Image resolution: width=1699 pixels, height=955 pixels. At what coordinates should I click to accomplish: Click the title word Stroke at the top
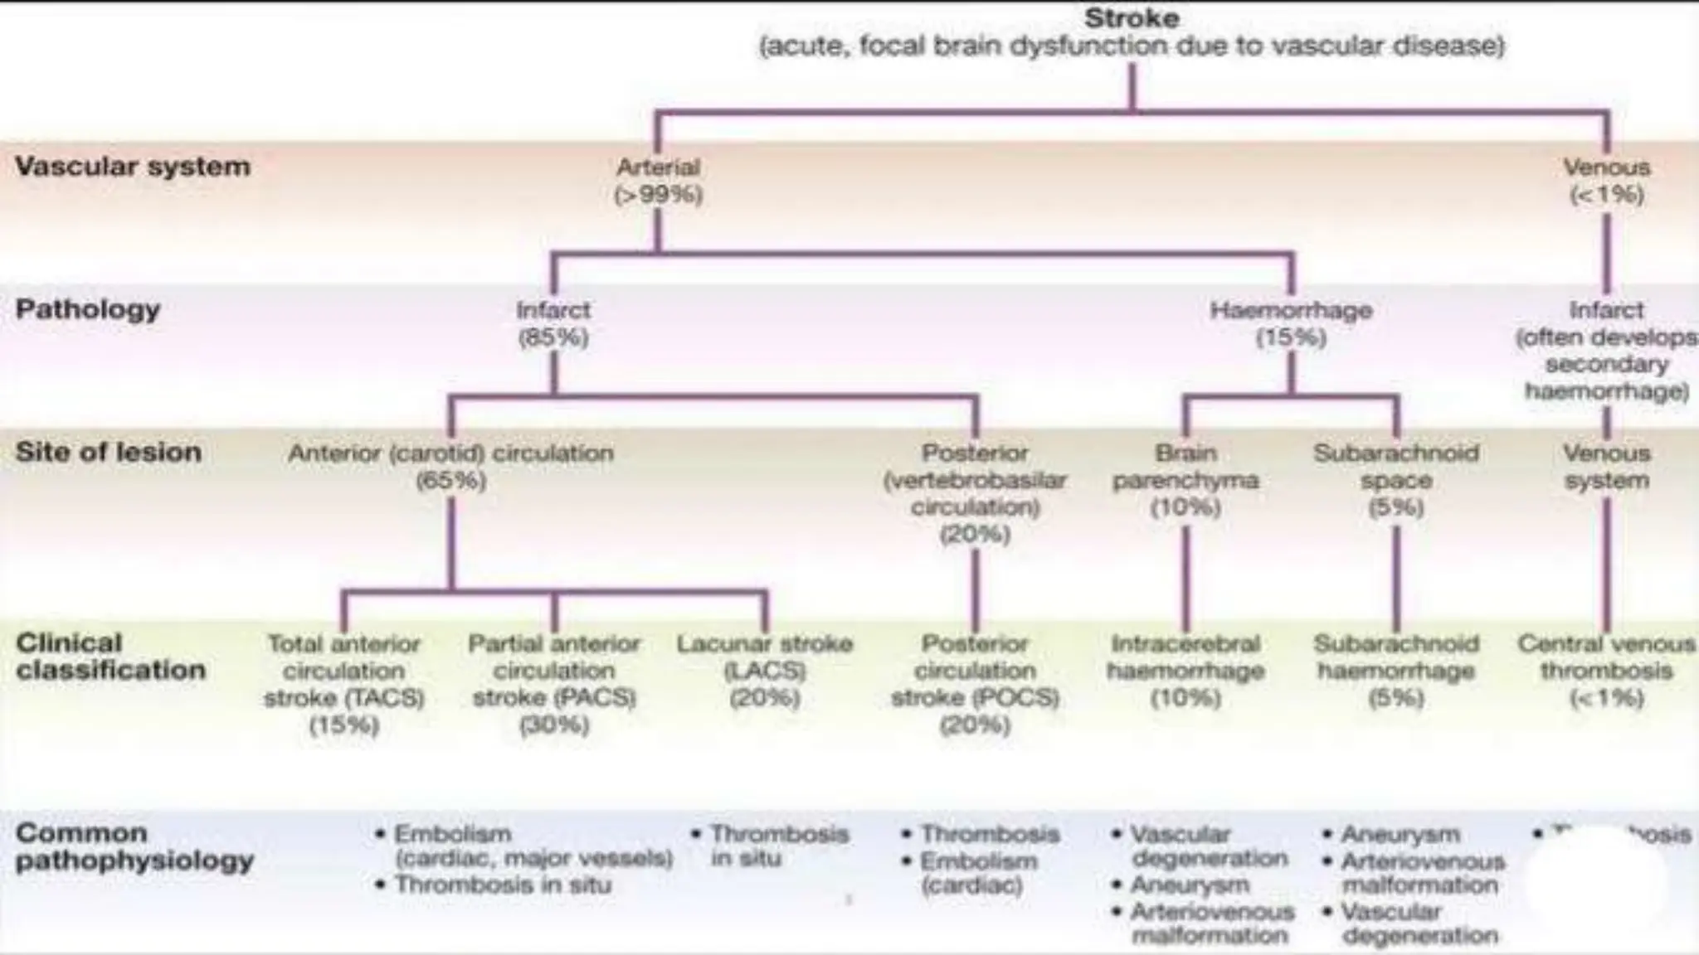point(1132,18)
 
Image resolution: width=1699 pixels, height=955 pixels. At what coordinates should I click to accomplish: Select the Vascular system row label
point(133,167)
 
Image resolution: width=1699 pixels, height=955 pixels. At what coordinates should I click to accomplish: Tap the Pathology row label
point(88,310)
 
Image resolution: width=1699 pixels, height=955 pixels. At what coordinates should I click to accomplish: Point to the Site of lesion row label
point(109,453)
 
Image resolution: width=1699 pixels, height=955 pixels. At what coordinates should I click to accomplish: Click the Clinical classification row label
point(110,657)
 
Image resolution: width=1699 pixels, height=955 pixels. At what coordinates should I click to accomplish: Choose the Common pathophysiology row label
point(134,847)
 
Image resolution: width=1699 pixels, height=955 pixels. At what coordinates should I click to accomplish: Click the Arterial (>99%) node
point(659,181)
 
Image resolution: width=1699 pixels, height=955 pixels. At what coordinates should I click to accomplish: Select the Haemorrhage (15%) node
point(1291,323)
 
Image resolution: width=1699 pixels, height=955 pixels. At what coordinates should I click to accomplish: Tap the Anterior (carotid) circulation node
point(451,466)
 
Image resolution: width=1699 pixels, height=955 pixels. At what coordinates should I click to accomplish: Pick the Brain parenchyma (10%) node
point(1185,480)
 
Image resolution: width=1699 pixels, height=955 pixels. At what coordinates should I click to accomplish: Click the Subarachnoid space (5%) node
point(1396,480)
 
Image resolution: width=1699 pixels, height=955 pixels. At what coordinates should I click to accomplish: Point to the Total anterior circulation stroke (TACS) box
point(343,684)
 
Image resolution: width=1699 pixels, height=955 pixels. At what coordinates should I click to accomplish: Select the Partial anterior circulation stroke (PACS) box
point(554,684)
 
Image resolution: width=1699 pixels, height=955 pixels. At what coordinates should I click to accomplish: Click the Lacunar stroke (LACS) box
point(765,671)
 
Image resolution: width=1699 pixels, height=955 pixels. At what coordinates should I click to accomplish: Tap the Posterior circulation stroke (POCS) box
point(975,684)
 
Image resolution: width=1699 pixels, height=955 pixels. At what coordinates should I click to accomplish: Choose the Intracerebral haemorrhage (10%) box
point(1185,671)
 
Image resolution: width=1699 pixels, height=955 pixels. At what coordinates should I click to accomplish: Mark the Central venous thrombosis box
point(1606,671)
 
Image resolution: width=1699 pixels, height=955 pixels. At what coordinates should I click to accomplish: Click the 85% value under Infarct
point(553,337)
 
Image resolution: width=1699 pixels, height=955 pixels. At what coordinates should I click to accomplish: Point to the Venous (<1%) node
point(1607,181)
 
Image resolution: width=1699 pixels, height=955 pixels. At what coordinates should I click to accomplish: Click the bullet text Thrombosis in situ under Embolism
point(503,885)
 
